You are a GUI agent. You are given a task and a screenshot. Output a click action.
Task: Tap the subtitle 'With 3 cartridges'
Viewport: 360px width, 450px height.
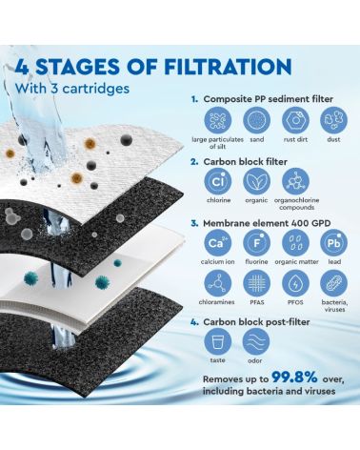pyautogui.click(x=72, y=88)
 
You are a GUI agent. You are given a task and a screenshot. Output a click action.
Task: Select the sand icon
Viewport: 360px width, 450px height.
pyautogui.click(x=256, y=121)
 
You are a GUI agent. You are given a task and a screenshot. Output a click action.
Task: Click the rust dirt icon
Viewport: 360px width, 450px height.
pyautogui.click(x=295, y=121)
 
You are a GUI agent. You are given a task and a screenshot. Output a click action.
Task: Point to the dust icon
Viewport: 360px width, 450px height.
pyautogui.click(x=333, y=121)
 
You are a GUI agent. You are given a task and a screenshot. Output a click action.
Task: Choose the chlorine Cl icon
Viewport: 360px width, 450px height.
pyautogui.click(x=218, y=182)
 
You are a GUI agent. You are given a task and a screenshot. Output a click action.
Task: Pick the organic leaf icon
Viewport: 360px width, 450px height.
pyautogui.click(x=256, y=182)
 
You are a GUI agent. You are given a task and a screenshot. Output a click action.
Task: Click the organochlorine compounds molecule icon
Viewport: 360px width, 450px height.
pyautogui.click(x=295, y=182)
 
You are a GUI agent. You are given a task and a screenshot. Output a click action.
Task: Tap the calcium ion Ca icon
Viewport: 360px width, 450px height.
pyautogui.click(x=218, y=243)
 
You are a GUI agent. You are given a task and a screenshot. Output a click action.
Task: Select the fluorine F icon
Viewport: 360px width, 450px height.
pyautogui.click(x=256, y=243)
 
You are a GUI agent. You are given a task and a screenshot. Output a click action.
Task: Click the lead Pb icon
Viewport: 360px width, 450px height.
pyautogui.click(x=333, y=243)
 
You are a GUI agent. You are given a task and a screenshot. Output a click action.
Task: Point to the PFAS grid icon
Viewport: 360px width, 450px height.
pyautogui.click(x=256, y=283)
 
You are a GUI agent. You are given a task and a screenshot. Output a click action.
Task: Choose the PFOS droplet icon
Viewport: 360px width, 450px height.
pyautogui.click(x=295, y=283)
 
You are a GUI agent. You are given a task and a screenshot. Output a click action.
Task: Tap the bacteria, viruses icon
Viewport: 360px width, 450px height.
pyautogui.click(x=333, y=283)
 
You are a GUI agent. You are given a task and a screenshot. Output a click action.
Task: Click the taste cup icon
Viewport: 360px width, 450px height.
pyautogui.click(x=218, y=342)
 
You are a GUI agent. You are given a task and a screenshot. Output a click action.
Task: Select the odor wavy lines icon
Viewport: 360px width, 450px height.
pyautogui.click(x=256, y=342)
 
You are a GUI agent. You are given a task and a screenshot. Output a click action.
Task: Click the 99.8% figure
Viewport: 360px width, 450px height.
pyautogui.click(x=294, y=377)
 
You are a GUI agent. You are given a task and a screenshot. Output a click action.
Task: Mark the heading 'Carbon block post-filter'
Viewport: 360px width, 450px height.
pyautogui.click(x=256, y=322)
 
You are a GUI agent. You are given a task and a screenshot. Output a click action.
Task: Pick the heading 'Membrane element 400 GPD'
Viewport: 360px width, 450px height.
pyautogui.click(x=267, y=223)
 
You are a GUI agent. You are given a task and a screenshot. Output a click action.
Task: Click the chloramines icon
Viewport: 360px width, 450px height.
pyautogui.click(x=218, y=283)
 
